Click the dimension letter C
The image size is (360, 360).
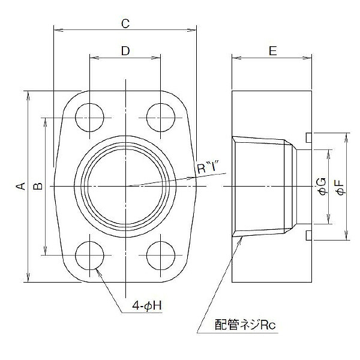(x=125, y=23)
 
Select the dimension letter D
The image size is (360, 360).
(x=125, y=51)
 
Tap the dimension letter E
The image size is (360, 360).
(x=272, y=51)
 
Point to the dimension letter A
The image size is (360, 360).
(x=20, y=186)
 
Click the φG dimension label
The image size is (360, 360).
(x=322, y=187)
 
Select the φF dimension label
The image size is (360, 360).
(x=341, y=187)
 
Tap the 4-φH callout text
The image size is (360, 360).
(x=147, y=305)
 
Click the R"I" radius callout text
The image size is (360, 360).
(x=208, y=169)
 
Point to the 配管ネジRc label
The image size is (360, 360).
(x=245, y=325)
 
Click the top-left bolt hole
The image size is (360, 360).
(x=89, y=118)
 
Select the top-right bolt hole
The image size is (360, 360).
(x=161, y=118)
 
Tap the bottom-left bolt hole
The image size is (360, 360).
(x=89, y=256)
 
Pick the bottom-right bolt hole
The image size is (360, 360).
(x=161, y=256)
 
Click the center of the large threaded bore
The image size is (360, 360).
(x=126, y=186)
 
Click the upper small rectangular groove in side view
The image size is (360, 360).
(x=309, y=137)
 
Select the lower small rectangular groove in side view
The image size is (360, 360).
(x=309, y=236)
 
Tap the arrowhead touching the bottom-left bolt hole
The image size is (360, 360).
(x=98, y=272)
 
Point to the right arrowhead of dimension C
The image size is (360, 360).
(x=192, y=29)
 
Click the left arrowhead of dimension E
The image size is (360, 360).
(x=236, y=58)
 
